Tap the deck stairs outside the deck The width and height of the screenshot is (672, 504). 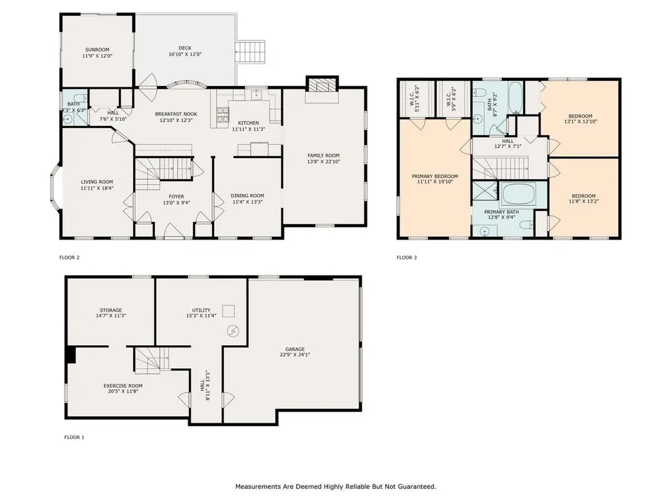pyautogui.click(x=252, y=52)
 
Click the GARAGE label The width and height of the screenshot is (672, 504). pyautogui.click(x=295, y=349)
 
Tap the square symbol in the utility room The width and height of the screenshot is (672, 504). pyautogui.click(x=229, y=310)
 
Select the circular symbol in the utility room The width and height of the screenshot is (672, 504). pyautogui.click(x=231, y=332)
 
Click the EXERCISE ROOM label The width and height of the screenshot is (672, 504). pyautogui.click(x=123, y=385)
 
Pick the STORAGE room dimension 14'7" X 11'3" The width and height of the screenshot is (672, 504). pyautogui.click(x=111, y=316)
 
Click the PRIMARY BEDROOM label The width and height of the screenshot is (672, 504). pyautogui.click(x=434, y=177)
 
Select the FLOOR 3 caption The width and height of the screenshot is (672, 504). pyautogui.click(x=406, y=258)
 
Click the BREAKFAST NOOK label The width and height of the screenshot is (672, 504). pyautogui.click(x=176, y=114)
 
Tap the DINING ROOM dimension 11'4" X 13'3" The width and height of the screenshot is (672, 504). pyautogui.click(x=247, y=202)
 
